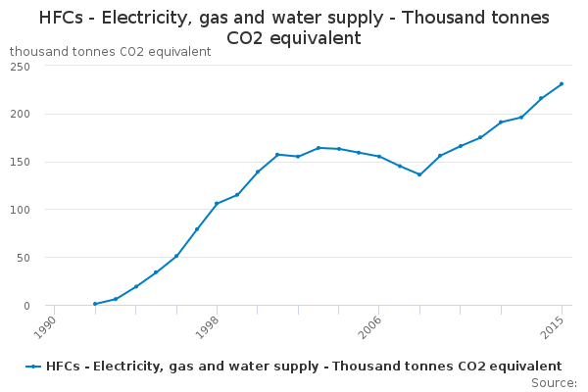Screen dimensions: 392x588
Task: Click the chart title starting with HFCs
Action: (294, 27)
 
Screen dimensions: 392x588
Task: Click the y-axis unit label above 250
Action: (110, 51)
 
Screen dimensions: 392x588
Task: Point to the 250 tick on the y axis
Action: (21, 66)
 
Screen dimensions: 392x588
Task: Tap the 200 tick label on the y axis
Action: (21, 114)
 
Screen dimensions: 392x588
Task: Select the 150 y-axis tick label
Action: (21, 162)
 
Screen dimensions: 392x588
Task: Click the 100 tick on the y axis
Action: (21, 210)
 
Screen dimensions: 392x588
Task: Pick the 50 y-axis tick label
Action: (24, 258)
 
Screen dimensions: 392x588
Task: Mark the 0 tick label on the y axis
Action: (26, 306)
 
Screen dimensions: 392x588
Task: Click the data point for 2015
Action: (562, 83)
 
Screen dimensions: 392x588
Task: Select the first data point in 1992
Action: (95, 304)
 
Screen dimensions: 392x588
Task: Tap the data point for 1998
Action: (217, 204)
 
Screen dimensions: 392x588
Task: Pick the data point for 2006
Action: (378, 157)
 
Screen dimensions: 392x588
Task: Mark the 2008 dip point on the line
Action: (419, 174)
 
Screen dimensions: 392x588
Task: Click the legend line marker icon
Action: (34, 367)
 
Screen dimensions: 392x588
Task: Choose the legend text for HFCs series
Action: (303, 367)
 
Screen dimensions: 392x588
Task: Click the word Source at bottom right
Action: (554, 382)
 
